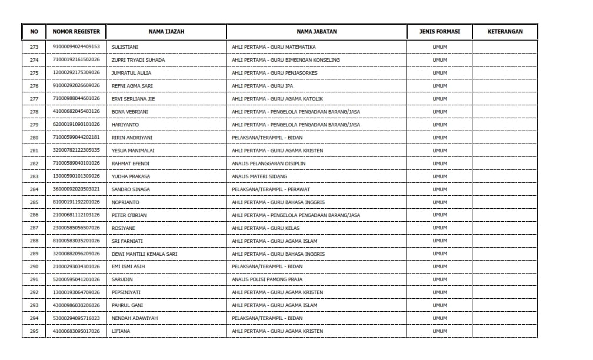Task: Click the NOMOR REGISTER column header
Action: (x=76, y=31)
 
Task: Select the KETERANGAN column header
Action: (x=505, y=31)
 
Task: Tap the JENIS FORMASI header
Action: (x=439, y=31)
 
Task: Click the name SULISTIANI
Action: (x=125, y=47)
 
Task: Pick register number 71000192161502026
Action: (x=76, y=60)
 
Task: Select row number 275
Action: (x=34, y=73)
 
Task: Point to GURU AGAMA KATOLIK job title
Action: (x=277, y=99)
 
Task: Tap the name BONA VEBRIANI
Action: (x=129, y=112)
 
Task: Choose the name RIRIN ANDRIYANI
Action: (x=132, y=138)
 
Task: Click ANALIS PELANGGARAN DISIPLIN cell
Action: (x=268, y=164)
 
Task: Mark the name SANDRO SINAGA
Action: (x=131, y=189)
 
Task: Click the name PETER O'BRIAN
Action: (x=129, y=215)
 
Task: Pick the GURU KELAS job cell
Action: (x=265, y=228)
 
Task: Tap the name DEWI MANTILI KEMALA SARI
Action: (x=144, y=254)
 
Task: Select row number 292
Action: (x=34, y=292)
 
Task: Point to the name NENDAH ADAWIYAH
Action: (x=134, y=318)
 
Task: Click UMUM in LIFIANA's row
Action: (x=439, y=331)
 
